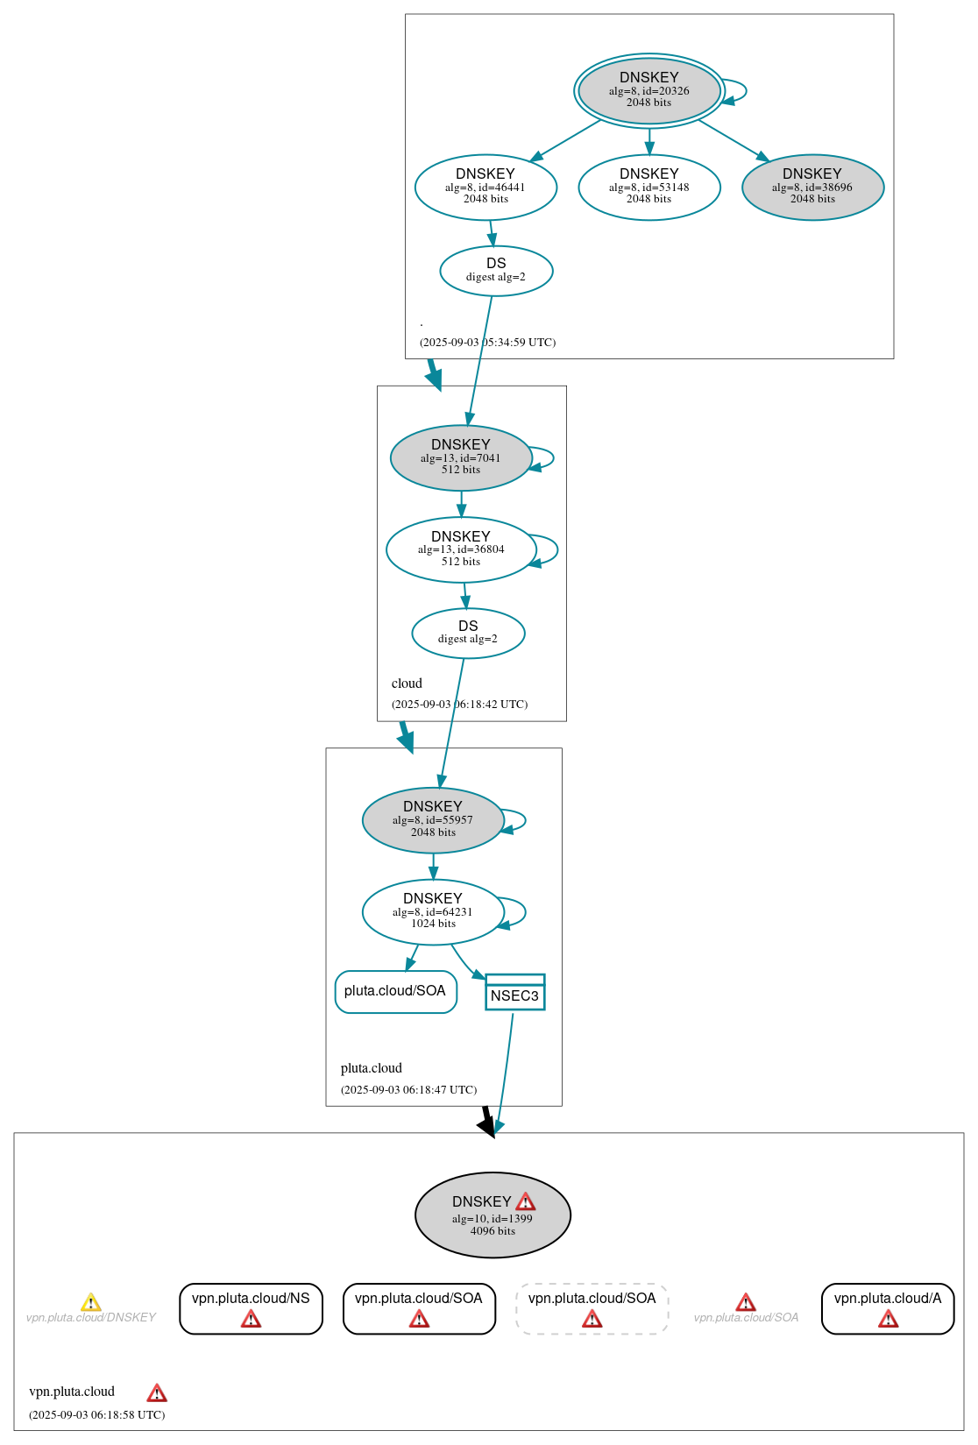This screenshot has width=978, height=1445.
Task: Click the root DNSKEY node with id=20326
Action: coord(648,90)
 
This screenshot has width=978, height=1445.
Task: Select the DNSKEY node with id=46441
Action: coord(485,187)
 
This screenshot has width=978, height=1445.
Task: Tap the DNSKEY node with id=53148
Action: coord(648,187)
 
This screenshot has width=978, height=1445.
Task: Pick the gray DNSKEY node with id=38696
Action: coord(812,187)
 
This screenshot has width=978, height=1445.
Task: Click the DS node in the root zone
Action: coord(496,271)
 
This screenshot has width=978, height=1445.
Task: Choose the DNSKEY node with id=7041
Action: coord(461,457)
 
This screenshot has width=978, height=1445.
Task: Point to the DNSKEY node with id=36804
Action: coord(461,549)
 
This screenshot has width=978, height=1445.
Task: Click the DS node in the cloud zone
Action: coord(468,633)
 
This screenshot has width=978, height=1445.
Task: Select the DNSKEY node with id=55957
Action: coord(433,820)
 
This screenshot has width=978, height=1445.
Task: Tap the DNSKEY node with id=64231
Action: coord(433,911)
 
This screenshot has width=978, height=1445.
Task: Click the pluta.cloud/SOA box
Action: coord(395,991)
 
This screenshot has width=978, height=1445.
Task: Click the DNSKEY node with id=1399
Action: coord(493,1215)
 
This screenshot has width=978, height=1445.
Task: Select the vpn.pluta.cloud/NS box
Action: coord(251,1308)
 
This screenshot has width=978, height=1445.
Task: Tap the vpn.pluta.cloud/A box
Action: coord(887,1308)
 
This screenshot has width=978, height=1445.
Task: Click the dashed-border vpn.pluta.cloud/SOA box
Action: coord(592,1308)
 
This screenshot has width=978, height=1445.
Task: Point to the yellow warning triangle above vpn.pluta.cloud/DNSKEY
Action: coord(90,1302)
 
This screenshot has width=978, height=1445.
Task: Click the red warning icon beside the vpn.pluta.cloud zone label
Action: coord(157,1392)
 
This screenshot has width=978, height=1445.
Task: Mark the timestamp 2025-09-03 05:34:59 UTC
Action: coord(487,343)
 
